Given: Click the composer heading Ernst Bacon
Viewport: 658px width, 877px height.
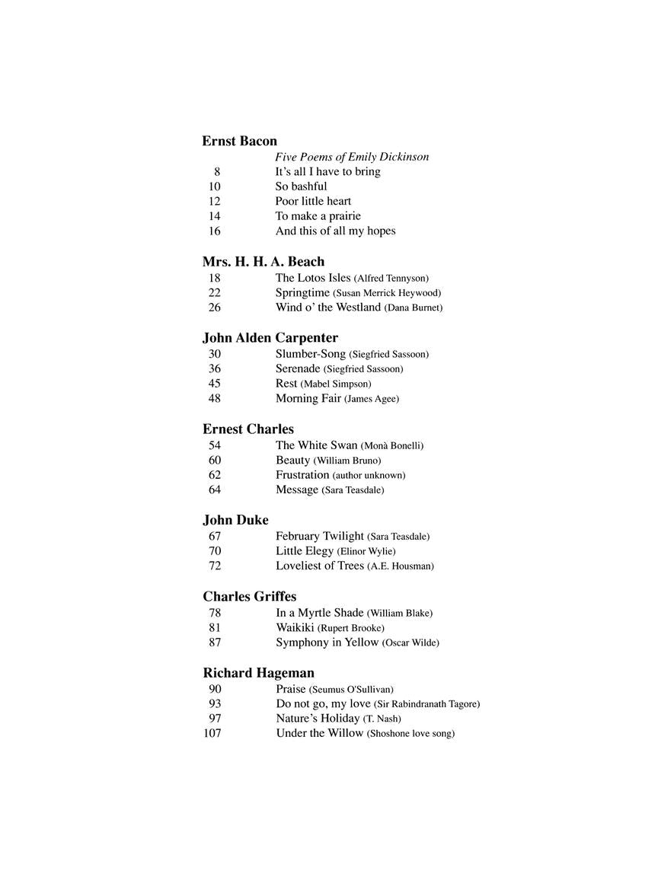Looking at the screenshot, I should click(239, 141).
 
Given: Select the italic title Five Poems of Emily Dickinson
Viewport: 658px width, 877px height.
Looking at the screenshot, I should click(352, 157).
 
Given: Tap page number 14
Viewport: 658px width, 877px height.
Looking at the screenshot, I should click(214, 216).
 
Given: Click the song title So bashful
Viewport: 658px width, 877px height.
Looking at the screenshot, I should click(301, 187).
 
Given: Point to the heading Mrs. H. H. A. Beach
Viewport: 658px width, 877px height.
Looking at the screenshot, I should click(263, 262).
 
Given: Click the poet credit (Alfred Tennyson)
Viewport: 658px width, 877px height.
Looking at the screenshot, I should click(391, 279).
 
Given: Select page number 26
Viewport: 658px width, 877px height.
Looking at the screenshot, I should click(214, 308).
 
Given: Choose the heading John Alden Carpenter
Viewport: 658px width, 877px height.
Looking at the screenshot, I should click(270, 338).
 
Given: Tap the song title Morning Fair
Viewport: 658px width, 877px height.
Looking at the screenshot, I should click(308, 399).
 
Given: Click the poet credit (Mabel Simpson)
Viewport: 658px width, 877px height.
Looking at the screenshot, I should click(336, 384).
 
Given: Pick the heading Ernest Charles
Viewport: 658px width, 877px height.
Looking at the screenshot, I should click(248, 429).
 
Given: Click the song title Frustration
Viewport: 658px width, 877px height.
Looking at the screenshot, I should click(302, 475).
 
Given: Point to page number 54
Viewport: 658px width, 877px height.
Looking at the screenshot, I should click(214, 445).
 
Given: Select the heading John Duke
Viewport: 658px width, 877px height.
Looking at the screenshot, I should click(235, 521).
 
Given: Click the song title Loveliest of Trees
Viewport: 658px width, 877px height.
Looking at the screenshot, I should click(319, 566).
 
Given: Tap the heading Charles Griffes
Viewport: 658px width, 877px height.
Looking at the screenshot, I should click(249, 597).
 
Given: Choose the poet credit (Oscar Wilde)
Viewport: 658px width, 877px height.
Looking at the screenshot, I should click(410, 643).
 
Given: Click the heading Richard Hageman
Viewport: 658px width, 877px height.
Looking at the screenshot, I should click(258, 673).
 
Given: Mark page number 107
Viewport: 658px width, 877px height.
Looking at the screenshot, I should click(212, 734).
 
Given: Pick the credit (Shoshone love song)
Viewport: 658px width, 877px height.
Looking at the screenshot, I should click(410, 734).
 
